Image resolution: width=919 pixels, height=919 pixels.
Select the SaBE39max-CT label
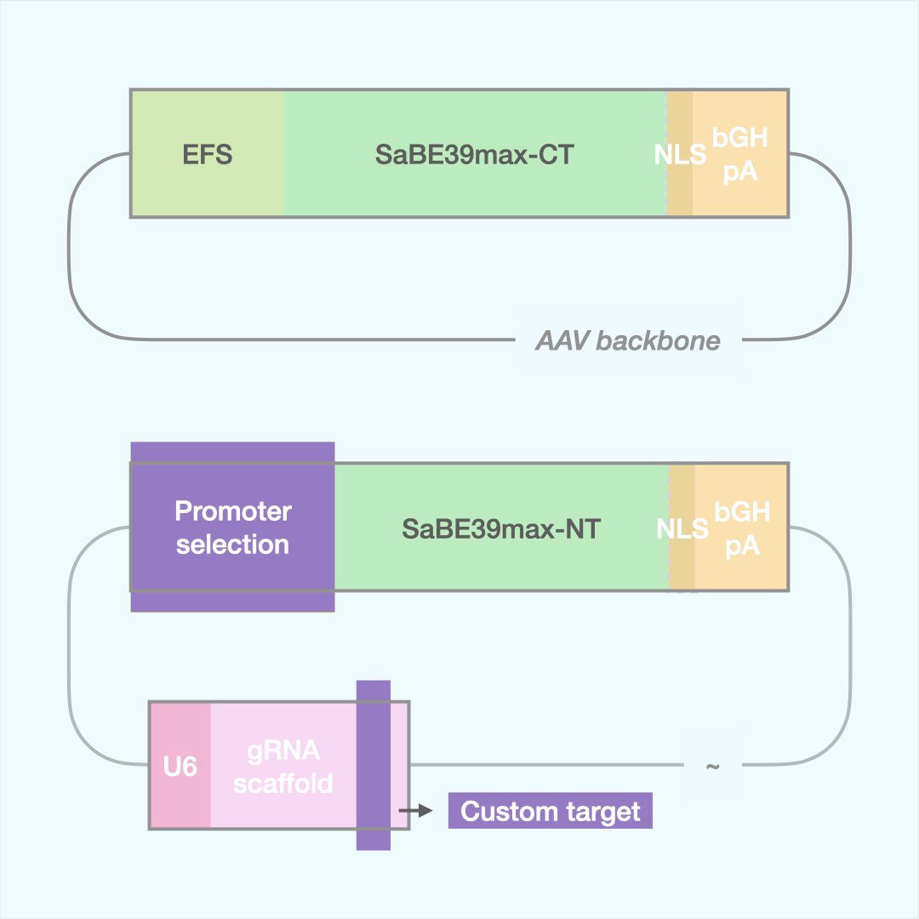(x=475, y=155)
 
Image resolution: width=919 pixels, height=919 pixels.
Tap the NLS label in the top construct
(x=680, y=155)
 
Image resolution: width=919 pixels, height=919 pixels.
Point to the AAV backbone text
(x=628, y=341)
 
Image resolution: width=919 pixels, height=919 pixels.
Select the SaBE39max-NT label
(x=501, y=528)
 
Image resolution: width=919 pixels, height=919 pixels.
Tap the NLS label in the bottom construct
(x=682, y=528)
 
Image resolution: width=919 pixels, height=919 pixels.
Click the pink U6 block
(x=180, y=767)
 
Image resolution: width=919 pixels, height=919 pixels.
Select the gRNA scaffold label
(x=283, y=767)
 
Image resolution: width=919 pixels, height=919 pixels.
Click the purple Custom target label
(x=550, y=811)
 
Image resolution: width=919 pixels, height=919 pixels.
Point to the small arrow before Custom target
(x=416, y=811)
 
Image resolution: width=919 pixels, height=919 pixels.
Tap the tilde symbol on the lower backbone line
(x=713, y=766)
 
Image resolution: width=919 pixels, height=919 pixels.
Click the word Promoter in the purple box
(x=232, y=511)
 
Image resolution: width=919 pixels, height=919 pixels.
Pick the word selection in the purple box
(x=232, y=544)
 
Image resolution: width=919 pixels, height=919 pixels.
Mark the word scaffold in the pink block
(x=283, y=783)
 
